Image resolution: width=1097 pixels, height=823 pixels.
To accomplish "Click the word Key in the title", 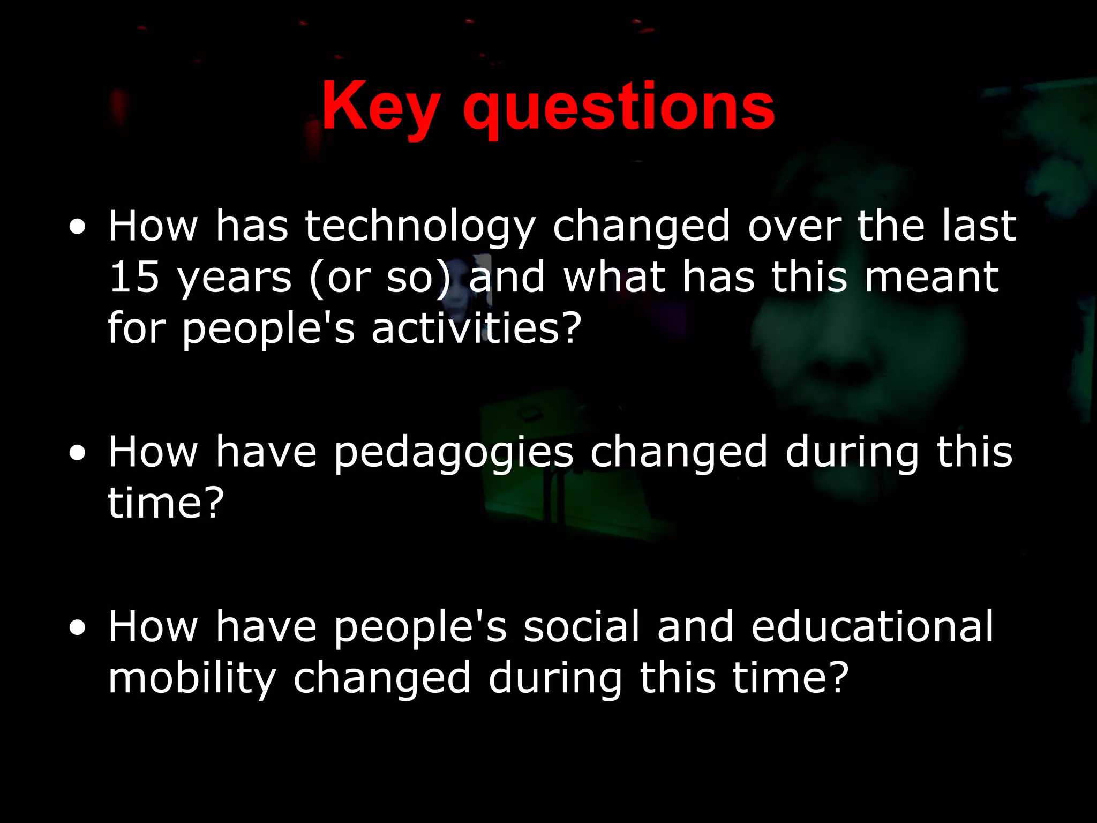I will (381, 107).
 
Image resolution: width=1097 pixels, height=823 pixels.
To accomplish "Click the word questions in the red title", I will (619, 110).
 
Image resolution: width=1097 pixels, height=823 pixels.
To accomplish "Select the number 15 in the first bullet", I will (134, 277).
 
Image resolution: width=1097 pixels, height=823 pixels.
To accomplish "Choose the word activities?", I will (476, 328).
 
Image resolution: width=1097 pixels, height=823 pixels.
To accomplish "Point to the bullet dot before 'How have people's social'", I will (78, 627).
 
